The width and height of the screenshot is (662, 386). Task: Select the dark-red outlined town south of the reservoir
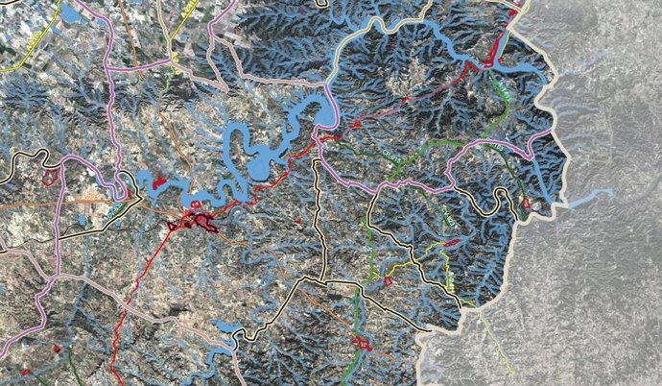point(201,222)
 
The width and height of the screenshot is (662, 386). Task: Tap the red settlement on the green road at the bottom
point(362,342)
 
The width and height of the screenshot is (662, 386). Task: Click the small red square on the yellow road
point(389,281)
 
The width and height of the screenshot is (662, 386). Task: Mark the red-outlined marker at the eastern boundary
point(526,204)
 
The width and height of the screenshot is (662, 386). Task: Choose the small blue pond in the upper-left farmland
point(72,15)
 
